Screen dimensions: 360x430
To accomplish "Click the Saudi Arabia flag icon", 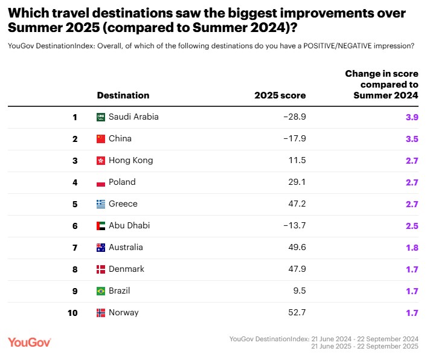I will (101, 117).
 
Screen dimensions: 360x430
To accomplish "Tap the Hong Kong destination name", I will (130, 160).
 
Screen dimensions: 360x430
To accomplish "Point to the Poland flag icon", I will (101, 182).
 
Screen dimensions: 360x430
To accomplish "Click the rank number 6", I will (75, 225).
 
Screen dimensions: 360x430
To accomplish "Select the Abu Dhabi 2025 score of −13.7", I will (294, 225).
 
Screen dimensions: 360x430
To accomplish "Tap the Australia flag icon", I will (101, 247).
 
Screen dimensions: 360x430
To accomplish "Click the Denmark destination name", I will (126, 269).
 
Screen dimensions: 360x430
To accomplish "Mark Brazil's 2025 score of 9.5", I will (299, 291).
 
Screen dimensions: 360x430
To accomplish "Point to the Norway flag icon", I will (101, 312).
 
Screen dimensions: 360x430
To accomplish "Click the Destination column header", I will (123, 95).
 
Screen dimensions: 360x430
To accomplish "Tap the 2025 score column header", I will (280, 95).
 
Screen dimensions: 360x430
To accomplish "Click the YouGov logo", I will (30, 342).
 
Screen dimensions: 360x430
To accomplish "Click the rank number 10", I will (72, 312).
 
